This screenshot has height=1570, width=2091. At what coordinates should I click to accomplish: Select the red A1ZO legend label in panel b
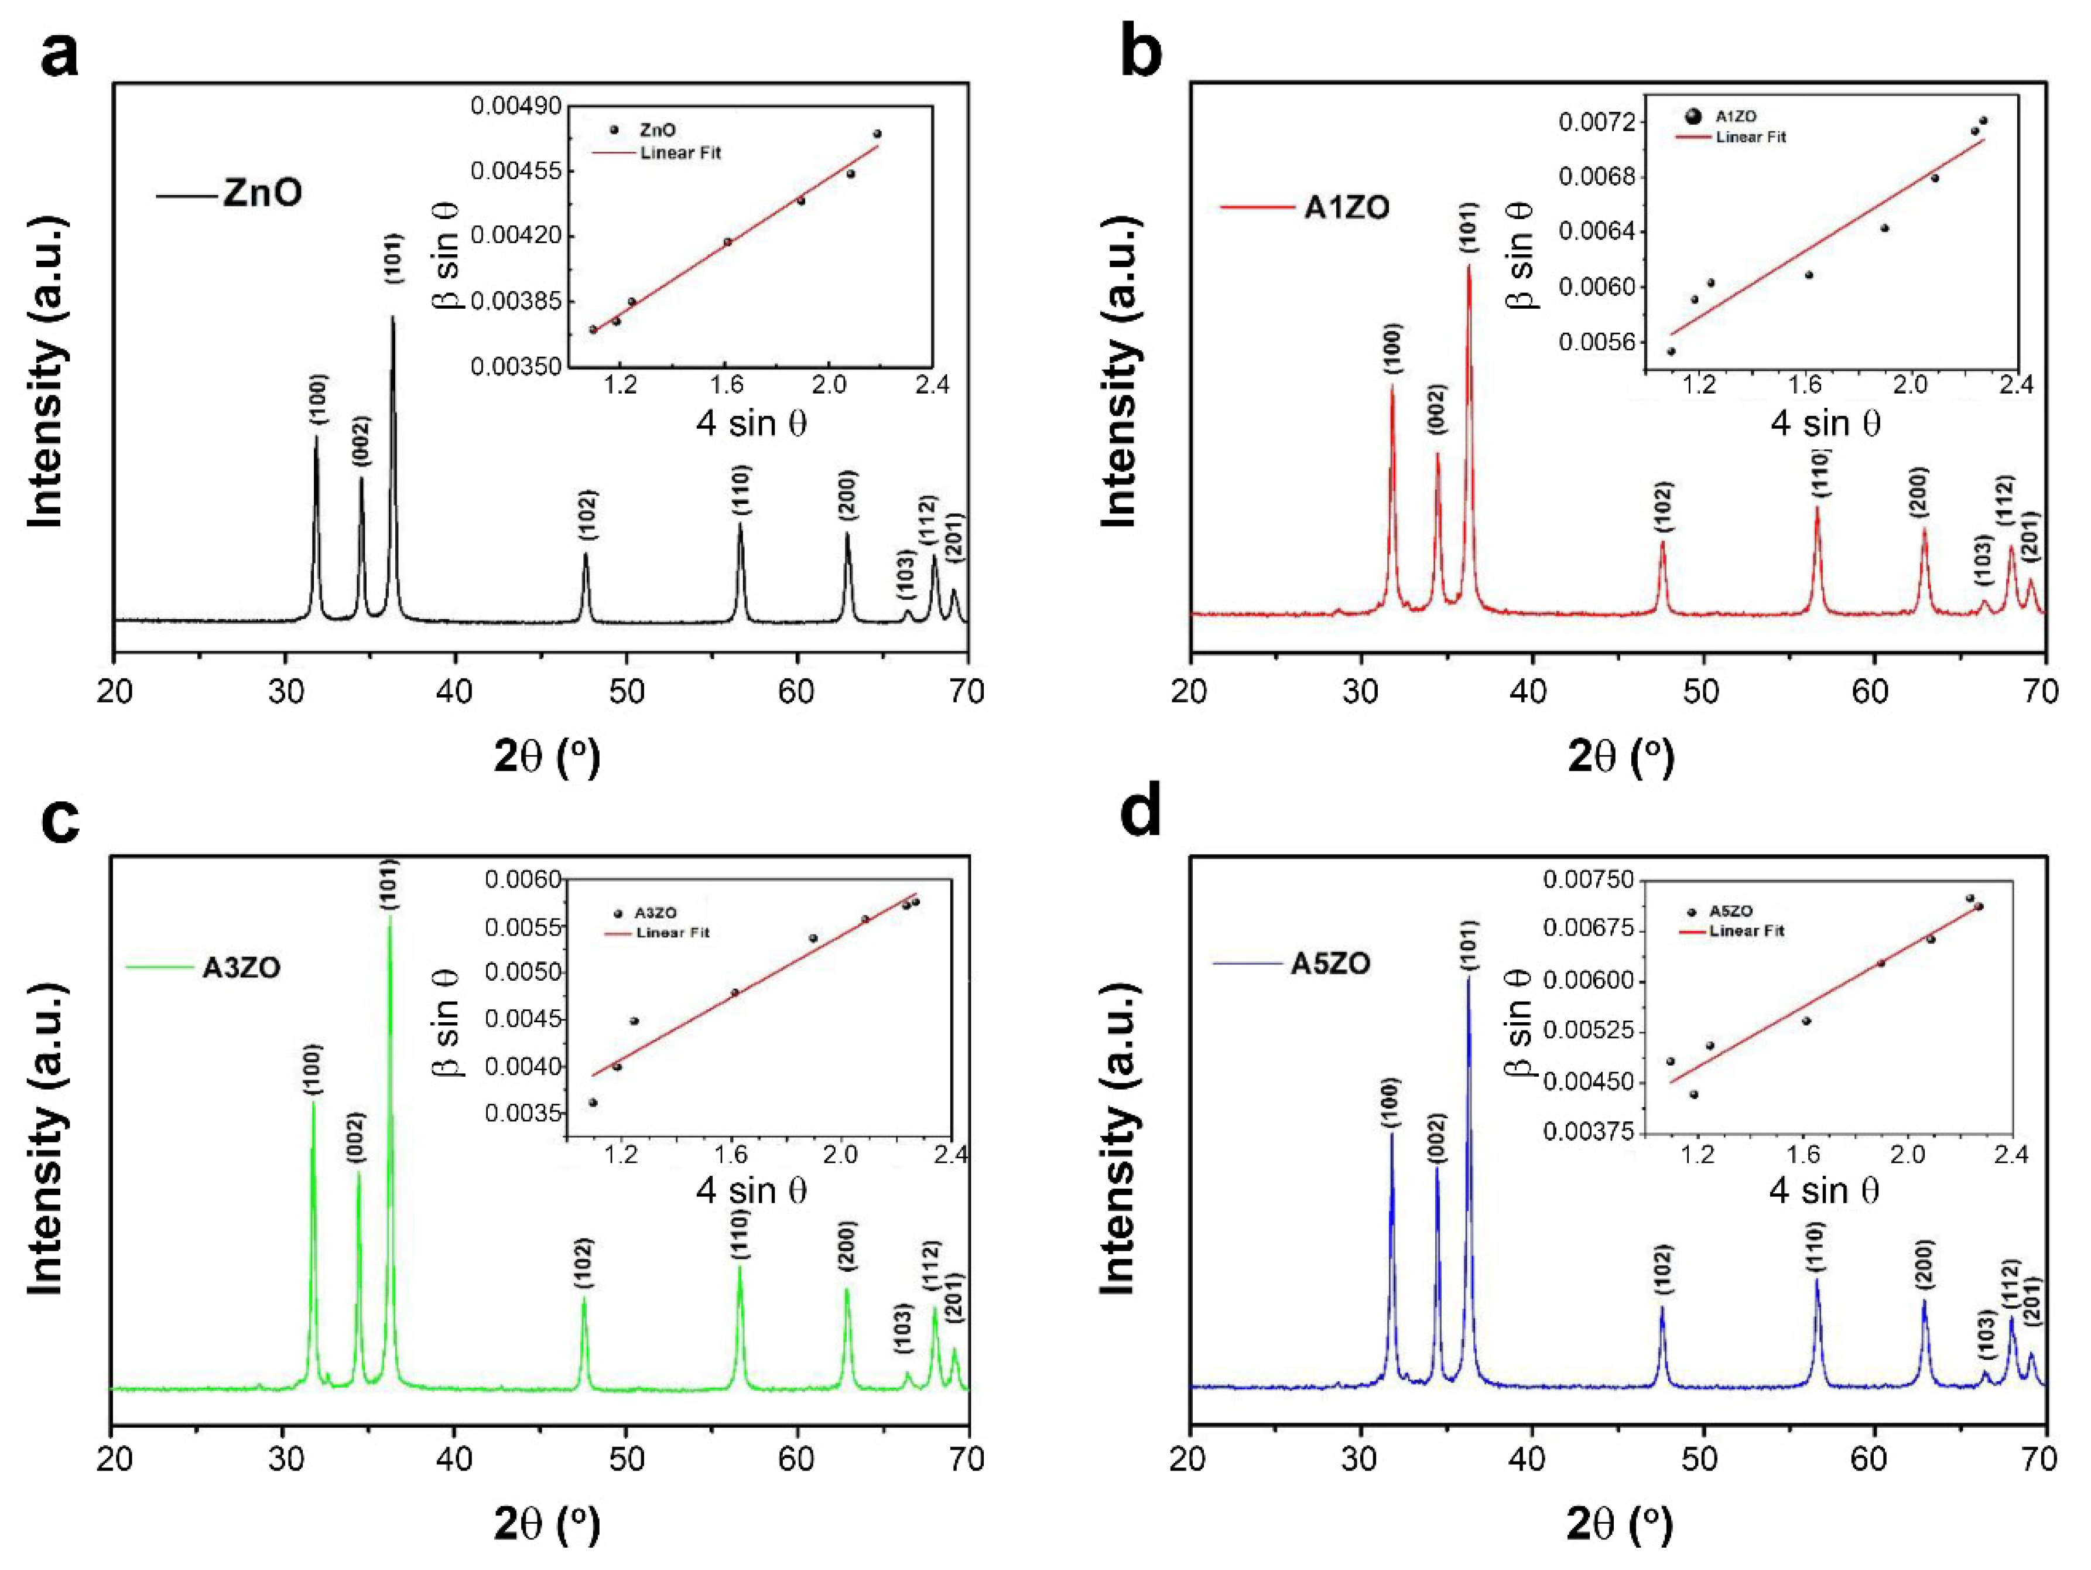click(1346, 207)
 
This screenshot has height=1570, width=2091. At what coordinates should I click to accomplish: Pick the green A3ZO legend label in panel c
click(241, 968)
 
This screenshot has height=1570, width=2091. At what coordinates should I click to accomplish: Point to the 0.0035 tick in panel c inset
click(521, 1113)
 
